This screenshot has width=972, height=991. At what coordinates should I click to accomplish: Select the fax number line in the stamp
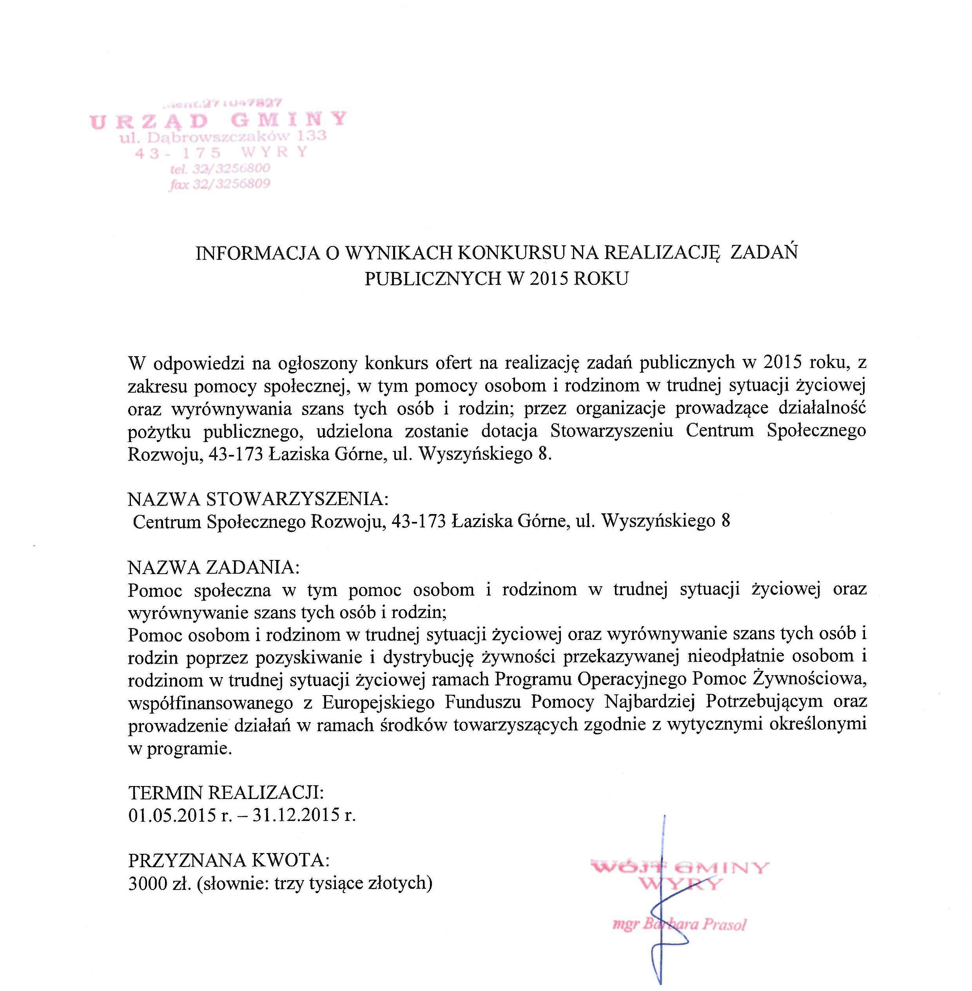point(219,184)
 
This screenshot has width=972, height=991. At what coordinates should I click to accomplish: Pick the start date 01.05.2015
point(172,815)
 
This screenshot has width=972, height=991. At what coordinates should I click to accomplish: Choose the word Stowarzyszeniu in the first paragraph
point(612,431)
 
